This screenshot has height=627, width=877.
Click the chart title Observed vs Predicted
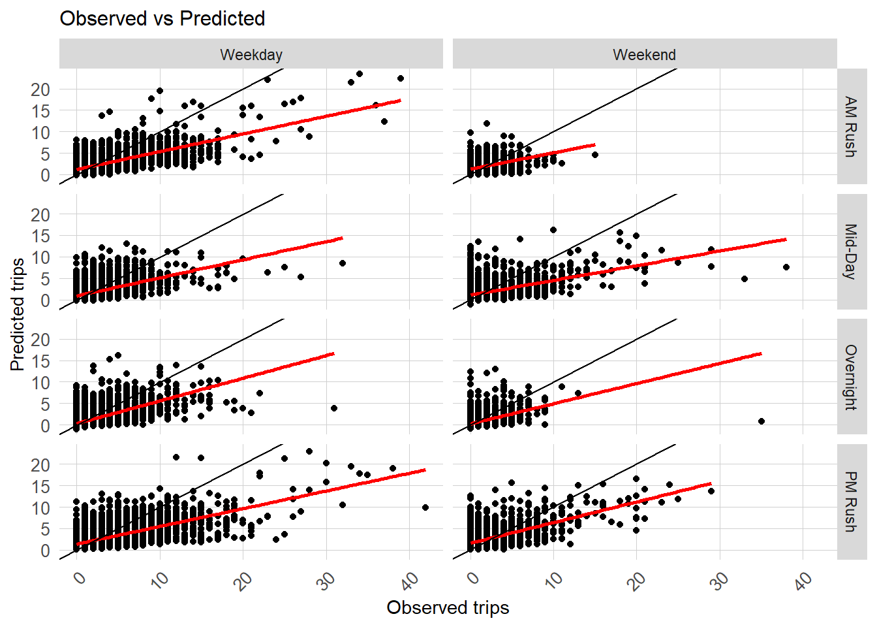[162, 18]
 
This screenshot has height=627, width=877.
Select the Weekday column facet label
[251, 54]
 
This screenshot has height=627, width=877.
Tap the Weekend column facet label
[644, 54]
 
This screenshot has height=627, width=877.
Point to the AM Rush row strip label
[851, 127]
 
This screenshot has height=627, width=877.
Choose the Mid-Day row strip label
[851, 251]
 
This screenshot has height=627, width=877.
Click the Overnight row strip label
[851, 377]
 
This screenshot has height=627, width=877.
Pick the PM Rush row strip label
[851, 502]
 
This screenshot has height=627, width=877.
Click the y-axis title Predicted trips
[18, 314]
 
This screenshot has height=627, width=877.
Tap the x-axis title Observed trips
[448, 607]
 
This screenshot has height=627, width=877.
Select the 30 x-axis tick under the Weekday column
[327, 579]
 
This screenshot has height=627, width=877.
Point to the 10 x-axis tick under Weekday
[161, 579]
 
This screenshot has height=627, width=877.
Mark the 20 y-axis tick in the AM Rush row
[40, 89]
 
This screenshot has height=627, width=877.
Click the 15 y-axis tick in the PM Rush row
[40, 487]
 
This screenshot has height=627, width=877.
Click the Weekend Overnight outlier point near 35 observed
[762, 421]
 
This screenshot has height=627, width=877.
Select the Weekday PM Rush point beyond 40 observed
[425, 507]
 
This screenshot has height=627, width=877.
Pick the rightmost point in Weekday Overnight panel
[334, 408]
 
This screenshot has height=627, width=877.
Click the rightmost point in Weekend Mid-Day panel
[786, 267]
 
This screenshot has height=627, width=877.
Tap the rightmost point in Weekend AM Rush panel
[595, 155]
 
